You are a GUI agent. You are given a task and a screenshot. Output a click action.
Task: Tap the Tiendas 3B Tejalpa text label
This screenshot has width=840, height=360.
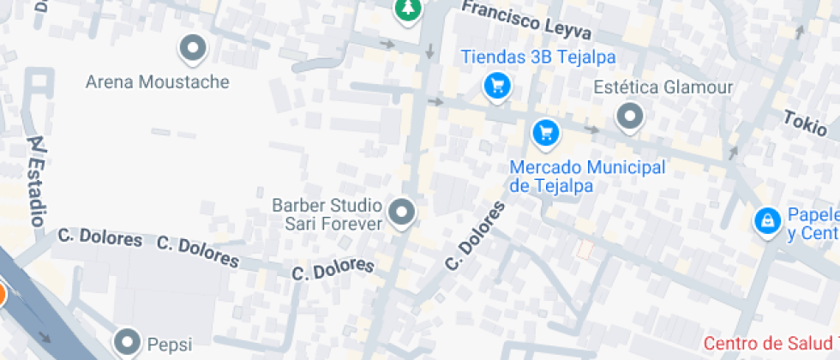538,57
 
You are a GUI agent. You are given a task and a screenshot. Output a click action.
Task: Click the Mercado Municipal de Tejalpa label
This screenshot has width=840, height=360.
587,176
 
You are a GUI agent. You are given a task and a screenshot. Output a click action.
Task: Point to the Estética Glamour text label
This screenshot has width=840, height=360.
663,87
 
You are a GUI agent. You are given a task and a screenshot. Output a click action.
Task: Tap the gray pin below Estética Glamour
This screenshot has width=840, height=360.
631,116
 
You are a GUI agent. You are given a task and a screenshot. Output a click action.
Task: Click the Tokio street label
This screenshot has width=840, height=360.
805,123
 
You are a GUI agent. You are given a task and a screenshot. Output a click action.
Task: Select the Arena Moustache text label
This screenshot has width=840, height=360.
158,82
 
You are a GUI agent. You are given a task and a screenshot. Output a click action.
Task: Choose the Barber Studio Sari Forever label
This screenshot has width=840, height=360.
327,214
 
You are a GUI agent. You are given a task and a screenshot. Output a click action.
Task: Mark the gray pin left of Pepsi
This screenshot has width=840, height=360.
129,342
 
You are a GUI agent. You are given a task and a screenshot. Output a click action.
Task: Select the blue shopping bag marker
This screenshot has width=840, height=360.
765,221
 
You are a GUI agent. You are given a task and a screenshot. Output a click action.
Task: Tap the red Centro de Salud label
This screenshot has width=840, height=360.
771,343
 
